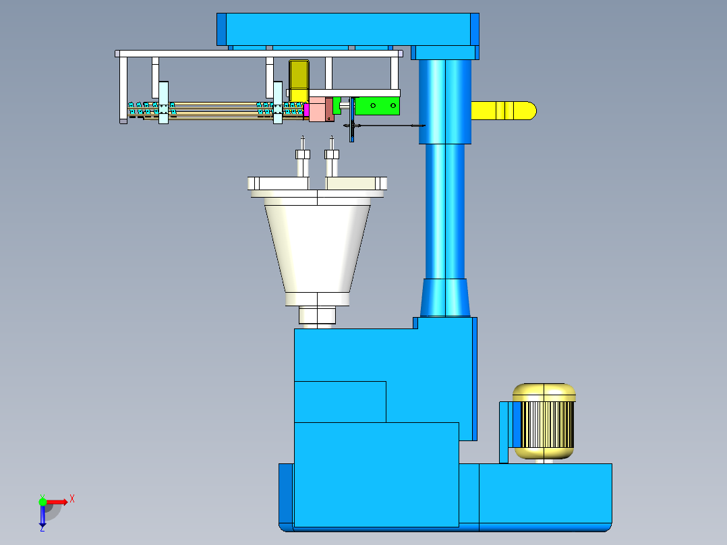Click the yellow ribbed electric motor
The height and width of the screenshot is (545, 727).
pyautogui.click(x=544, y=421)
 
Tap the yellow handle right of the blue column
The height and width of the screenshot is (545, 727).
pyautogui.click(x=504, y=111)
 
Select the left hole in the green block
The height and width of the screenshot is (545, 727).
pyautogui.click(x=373, y=106)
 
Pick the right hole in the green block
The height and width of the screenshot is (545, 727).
pyautogui.click(x=392, y=106)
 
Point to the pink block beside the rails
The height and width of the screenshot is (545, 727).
pyautogui.click(x=318, y=109)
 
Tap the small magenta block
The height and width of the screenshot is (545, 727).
pyautogui.click(x=306, y=110)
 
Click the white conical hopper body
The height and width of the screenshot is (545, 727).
pyautogui.click(x=318, y=249)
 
